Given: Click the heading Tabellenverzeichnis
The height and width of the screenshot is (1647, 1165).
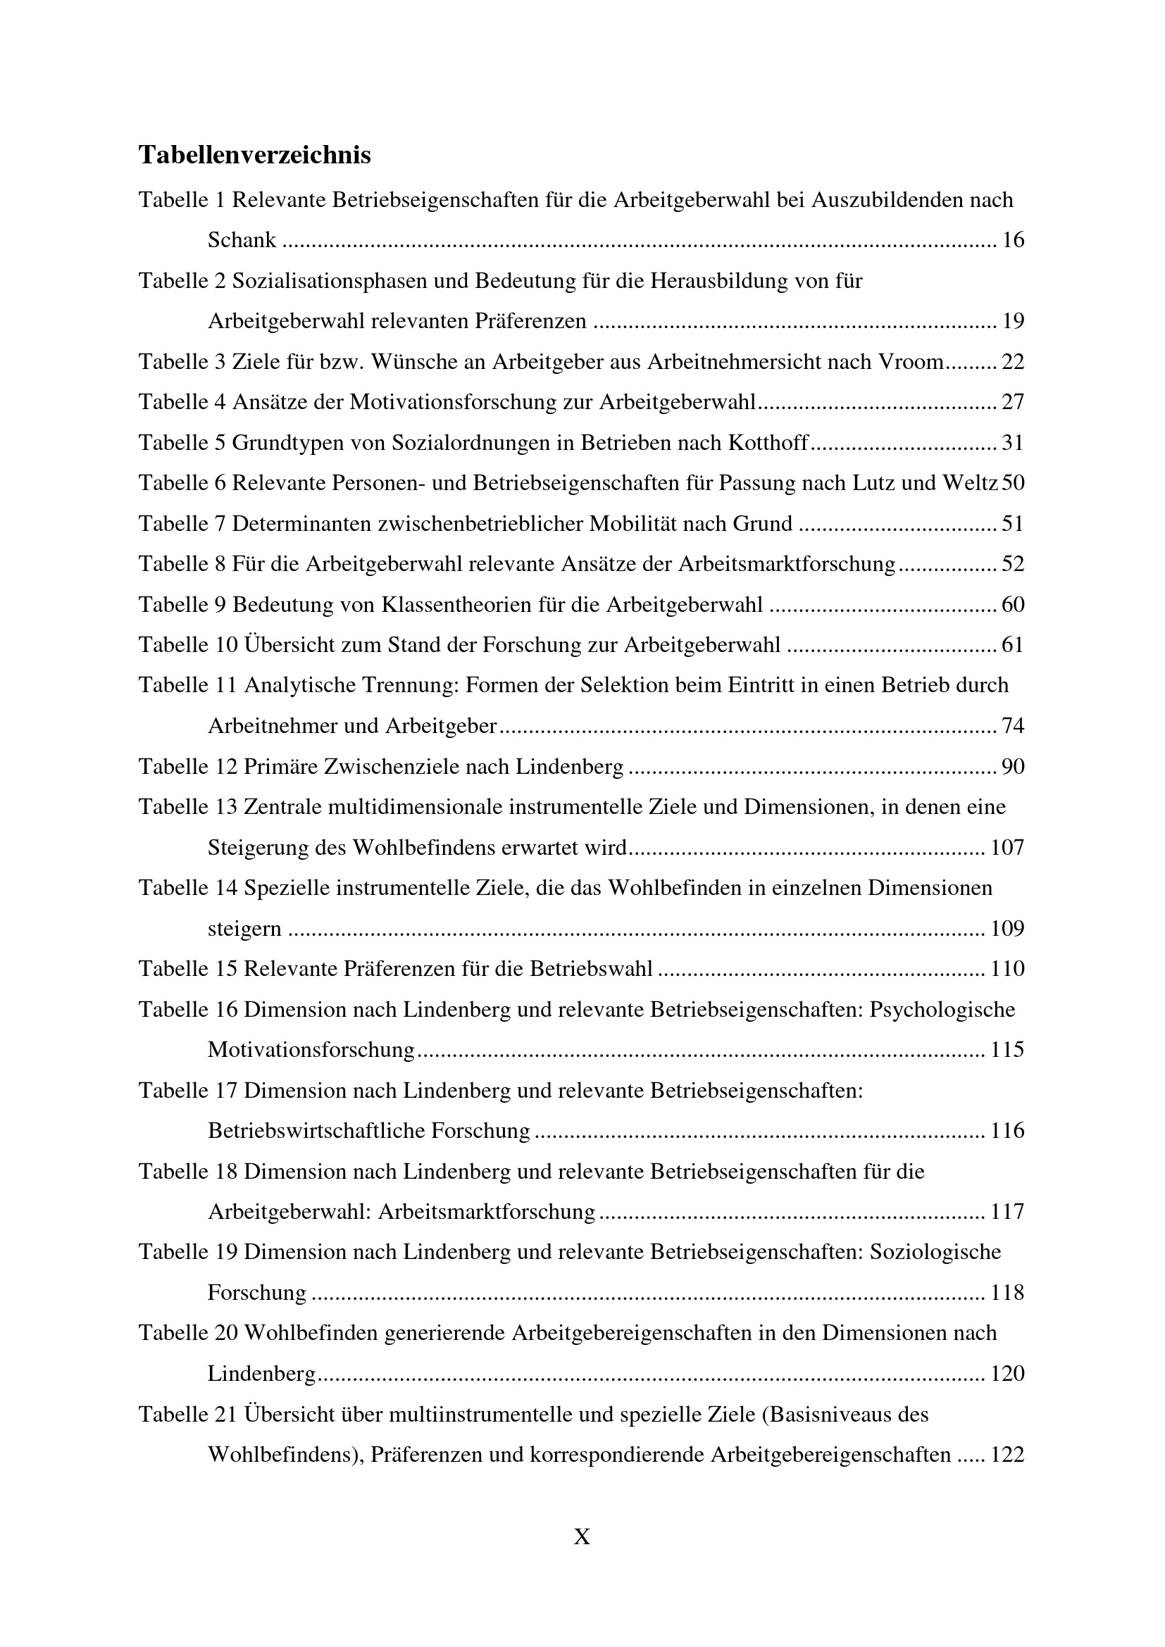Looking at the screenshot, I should tap(255, 155).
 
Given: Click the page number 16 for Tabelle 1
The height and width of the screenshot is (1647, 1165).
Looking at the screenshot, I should tap(1013, 239).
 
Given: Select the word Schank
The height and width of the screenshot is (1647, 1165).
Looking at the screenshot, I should tap(242, 239).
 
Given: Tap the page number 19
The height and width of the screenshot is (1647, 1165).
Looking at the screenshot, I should tap(1013, 320).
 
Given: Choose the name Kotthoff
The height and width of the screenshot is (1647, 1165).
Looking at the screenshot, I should tap(768, 443).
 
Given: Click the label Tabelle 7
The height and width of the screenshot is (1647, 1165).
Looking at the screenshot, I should tap(182, 524).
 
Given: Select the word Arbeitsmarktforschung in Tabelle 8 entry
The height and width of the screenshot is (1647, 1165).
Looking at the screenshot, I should tap(786, 564).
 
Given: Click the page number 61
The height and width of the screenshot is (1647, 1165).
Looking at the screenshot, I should tap(1013, 645).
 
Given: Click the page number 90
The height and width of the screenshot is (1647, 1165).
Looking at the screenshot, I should tap(1013, 767).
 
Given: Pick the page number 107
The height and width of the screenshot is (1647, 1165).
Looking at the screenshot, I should tap(1007, 848).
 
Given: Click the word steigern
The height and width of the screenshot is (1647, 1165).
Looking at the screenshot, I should tap(244, 929).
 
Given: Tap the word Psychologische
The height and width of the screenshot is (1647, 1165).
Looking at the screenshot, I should tap(942, 1009).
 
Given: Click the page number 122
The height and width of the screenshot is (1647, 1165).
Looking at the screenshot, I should tap(1007, 1455).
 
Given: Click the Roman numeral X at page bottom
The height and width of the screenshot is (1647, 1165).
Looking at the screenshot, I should tap(582, 1536).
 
